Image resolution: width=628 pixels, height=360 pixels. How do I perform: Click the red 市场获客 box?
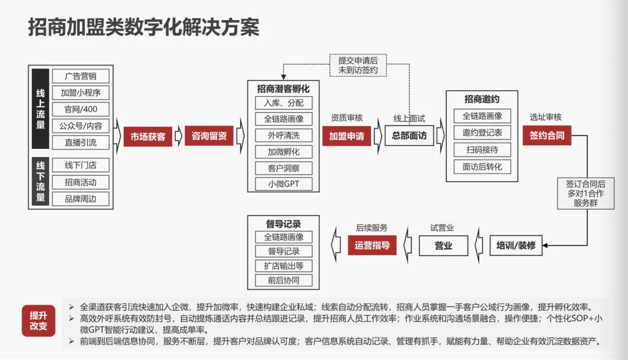148,136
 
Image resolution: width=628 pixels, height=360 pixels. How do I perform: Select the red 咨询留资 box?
209,136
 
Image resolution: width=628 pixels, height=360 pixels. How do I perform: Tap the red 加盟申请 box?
346,136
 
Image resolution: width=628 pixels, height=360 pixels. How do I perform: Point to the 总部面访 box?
409,135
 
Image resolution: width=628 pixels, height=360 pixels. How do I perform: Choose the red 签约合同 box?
546,135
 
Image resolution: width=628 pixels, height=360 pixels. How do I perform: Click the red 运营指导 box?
372,245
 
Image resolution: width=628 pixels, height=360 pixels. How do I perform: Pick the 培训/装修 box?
516,245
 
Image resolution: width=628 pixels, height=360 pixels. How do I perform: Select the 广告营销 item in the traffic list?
80,76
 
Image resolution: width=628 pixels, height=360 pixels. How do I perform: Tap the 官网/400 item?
80,109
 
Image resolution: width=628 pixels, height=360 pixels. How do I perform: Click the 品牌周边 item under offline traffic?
80,199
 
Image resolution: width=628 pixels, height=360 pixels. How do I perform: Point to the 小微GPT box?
284,184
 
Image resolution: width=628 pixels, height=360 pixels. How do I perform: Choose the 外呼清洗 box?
284,135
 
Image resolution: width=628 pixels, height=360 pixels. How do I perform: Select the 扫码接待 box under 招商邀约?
482,150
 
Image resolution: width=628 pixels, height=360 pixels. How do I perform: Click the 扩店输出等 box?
284,266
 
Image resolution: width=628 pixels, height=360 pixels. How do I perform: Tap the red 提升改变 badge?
38,321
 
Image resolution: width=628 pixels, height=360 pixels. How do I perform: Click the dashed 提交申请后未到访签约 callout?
358,65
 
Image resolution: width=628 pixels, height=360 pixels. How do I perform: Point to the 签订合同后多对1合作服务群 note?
585,193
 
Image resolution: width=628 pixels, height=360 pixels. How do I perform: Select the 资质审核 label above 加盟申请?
347,118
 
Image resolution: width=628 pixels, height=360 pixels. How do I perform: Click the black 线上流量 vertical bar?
40,109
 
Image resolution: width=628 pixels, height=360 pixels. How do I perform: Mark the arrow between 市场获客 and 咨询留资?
179,136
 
